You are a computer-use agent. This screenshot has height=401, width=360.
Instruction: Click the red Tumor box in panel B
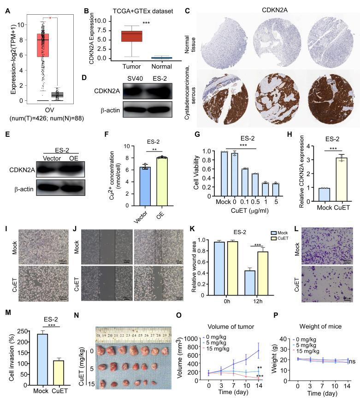tap(131, 36)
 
